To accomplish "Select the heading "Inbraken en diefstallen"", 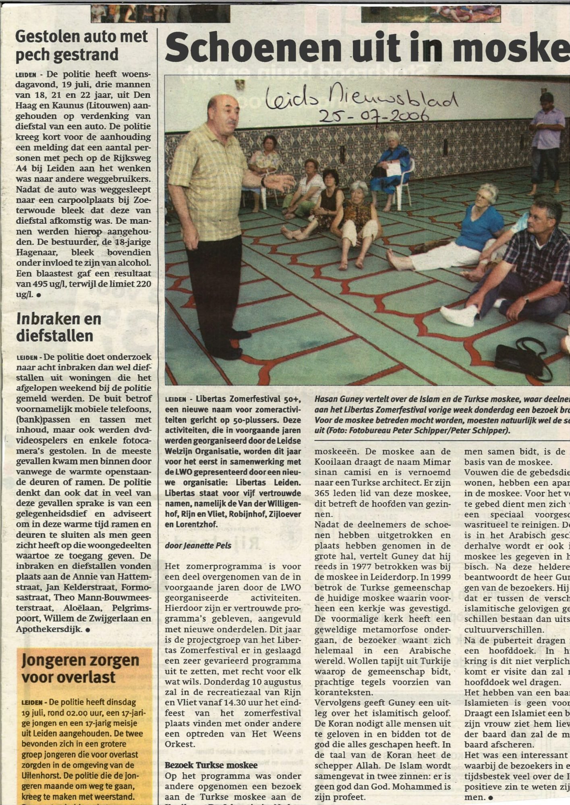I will (x=58, y=327).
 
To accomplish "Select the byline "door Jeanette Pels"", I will (x=198, y=545).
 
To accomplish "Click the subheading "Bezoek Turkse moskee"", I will (x=211, y=766).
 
